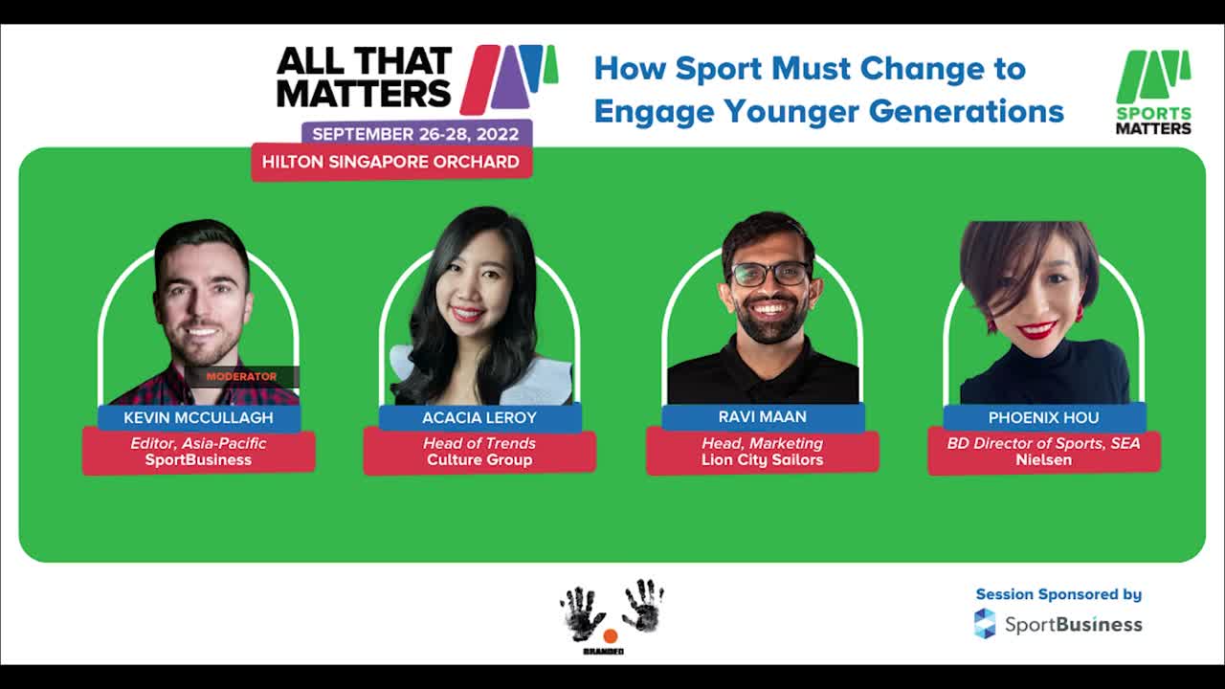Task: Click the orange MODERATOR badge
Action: point(242,377)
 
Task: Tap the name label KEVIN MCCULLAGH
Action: point(198,418)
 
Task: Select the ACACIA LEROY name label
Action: point(479,418)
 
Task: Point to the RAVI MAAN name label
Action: point(763,416)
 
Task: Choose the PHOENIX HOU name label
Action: point(1043,418)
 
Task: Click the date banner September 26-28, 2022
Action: point(415,134)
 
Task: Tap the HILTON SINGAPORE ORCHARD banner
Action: point(391,162)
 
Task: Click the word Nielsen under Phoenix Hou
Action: point(1043,460)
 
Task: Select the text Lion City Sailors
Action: point(763,460)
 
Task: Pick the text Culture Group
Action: point(479,460)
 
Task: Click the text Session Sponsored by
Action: point(1058,594)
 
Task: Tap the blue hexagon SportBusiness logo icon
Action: point(985,624)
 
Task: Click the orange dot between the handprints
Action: point(611,636)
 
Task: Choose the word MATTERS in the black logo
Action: point(365,93)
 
